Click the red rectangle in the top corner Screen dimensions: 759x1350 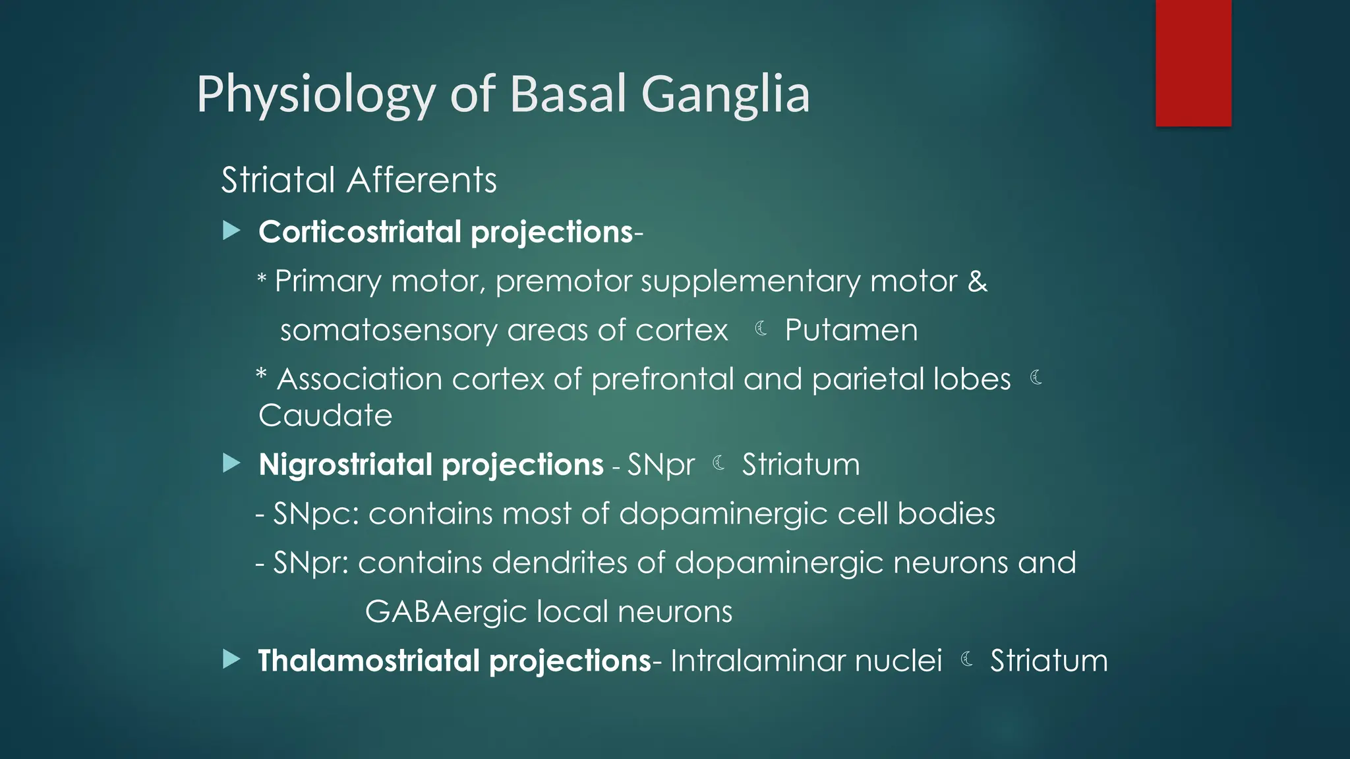pyautogui.click(x=1193, y=63)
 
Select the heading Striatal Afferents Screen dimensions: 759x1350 pyautogui.click(x=359, y=181)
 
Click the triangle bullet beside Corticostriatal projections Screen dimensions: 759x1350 pyautogui.click(x=231, y=231)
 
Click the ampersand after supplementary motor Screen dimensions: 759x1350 pyautogui.click(x=977, y=282)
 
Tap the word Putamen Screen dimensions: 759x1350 pyautogui.click(x=850, y=331)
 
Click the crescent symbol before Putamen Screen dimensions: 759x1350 pyautogui.click(x=761, y=329)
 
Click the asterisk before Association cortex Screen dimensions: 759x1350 pyautogui.click(x=261, y=376)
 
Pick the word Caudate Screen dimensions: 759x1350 pyautogui.click(x=325, y=416)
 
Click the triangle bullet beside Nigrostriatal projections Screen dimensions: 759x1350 pyautogui.click(x=231, y=464)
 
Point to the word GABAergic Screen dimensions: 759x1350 pyautogui.click(x=446, y=612)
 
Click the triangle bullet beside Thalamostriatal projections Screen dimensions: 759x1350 pyautogui.click(x=231, y=660)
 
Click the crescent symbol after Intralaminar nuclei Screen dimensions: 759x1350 pyautogui.click(x=967, y=659)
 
